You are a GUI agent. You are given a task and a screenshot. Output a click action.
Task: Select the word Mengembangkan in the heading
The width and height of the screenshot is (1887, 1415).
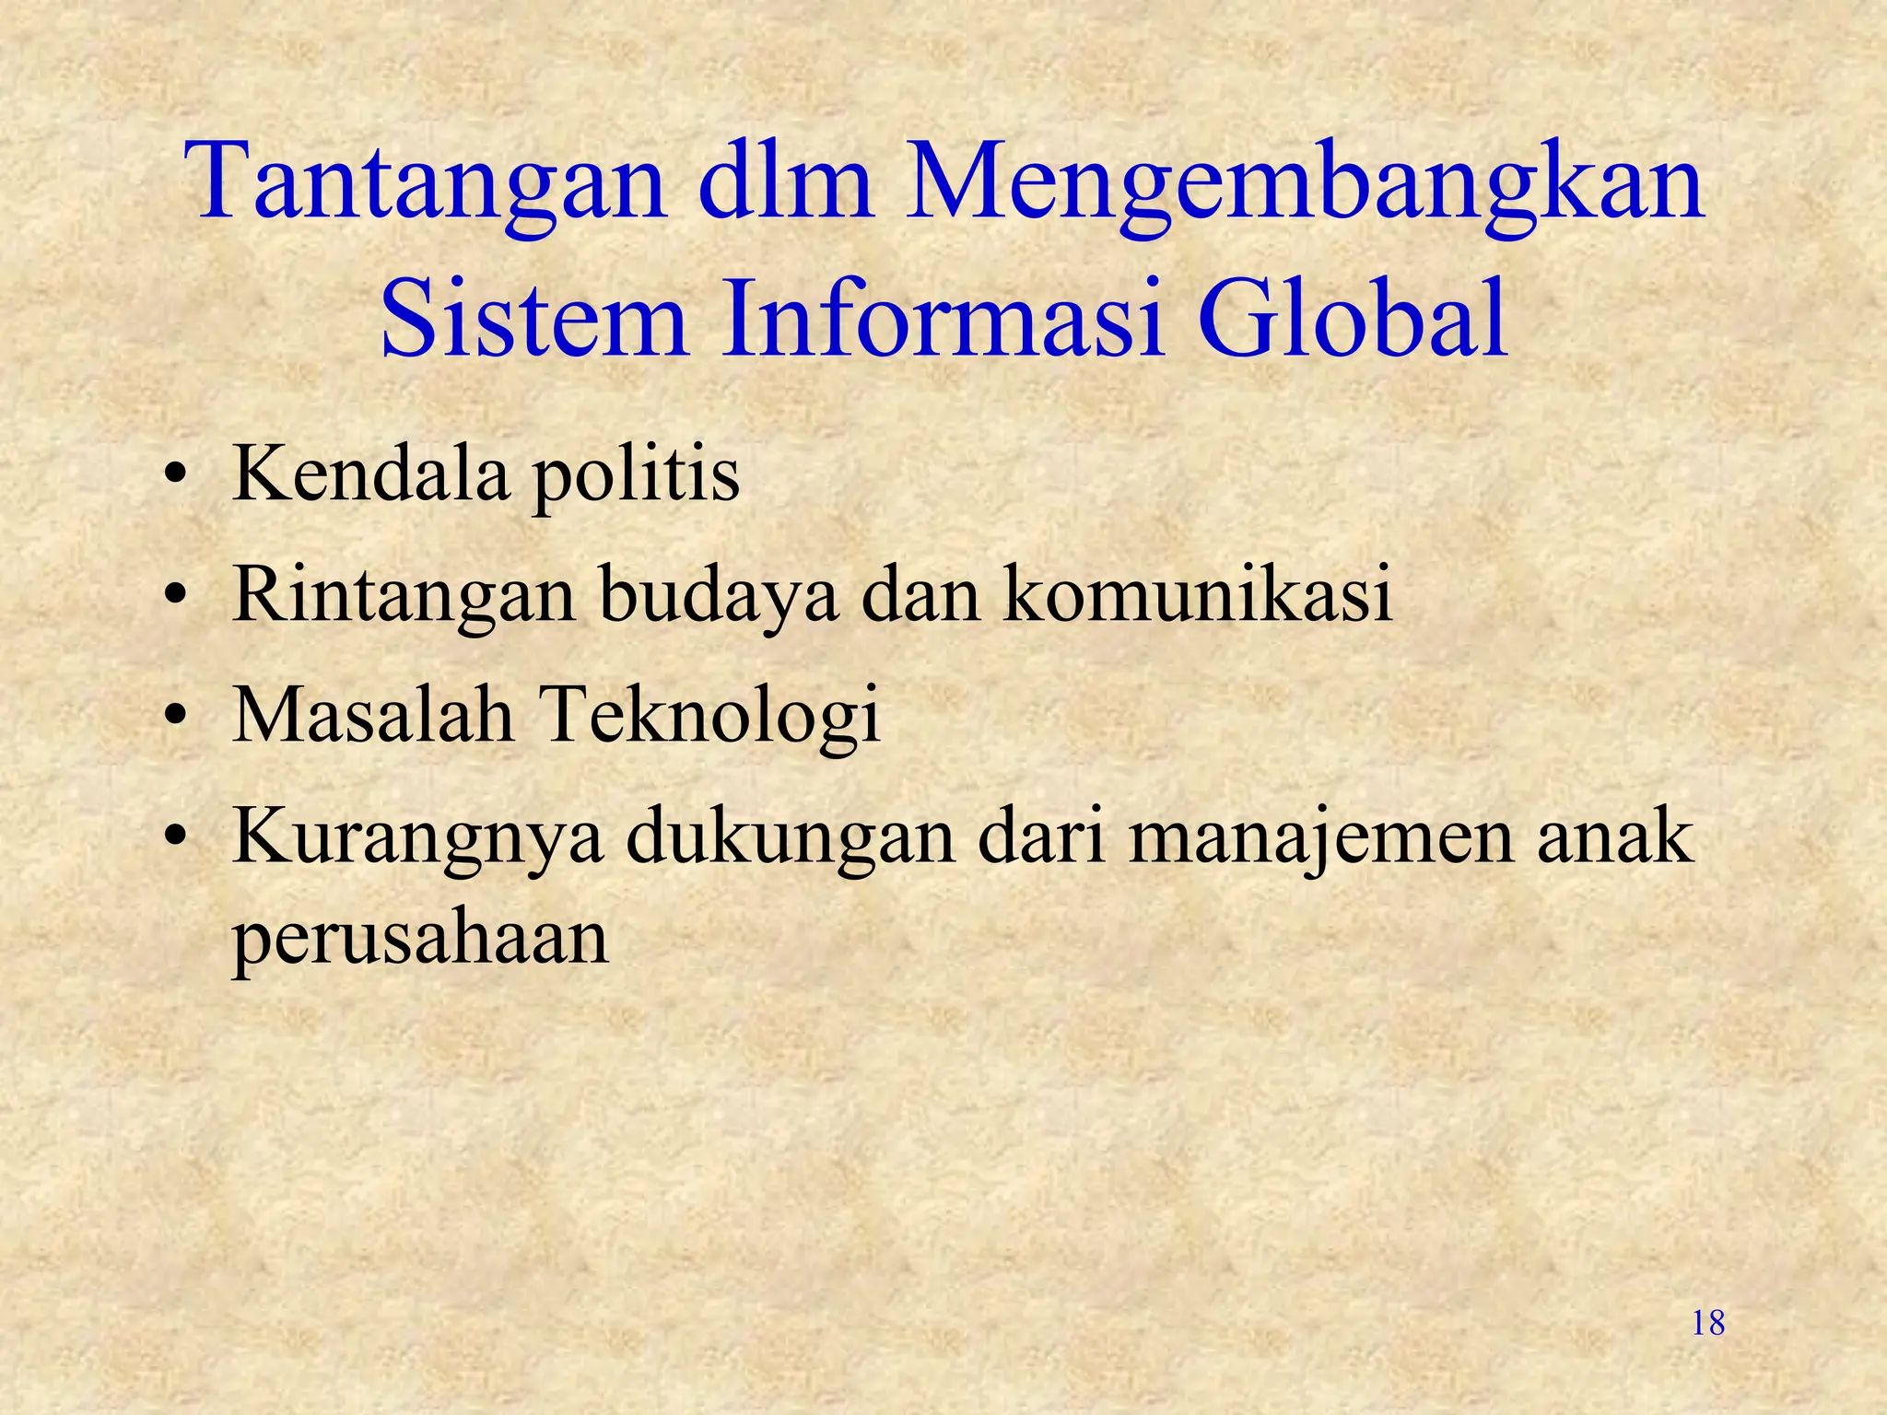coord(1305,184)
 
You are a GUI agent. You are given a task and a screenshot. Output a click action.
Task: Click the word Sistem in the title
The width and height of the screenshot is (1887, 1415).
coord(534,318)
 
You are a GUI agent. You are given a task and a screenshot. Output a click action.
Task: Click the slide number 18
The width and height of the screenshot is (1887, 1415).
coord(1708,1323)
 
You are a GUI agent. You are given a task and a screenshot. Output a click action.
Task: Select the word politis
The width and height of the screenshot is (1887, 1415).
coord(636,476)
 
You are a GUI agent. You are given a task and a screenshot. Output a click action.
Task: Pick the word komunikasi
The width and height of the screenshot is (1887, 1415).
coord(1198,594)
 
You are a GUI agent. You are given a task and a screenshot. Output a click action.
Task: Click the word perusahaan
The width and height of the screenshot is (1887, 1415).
coord(420,940)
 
